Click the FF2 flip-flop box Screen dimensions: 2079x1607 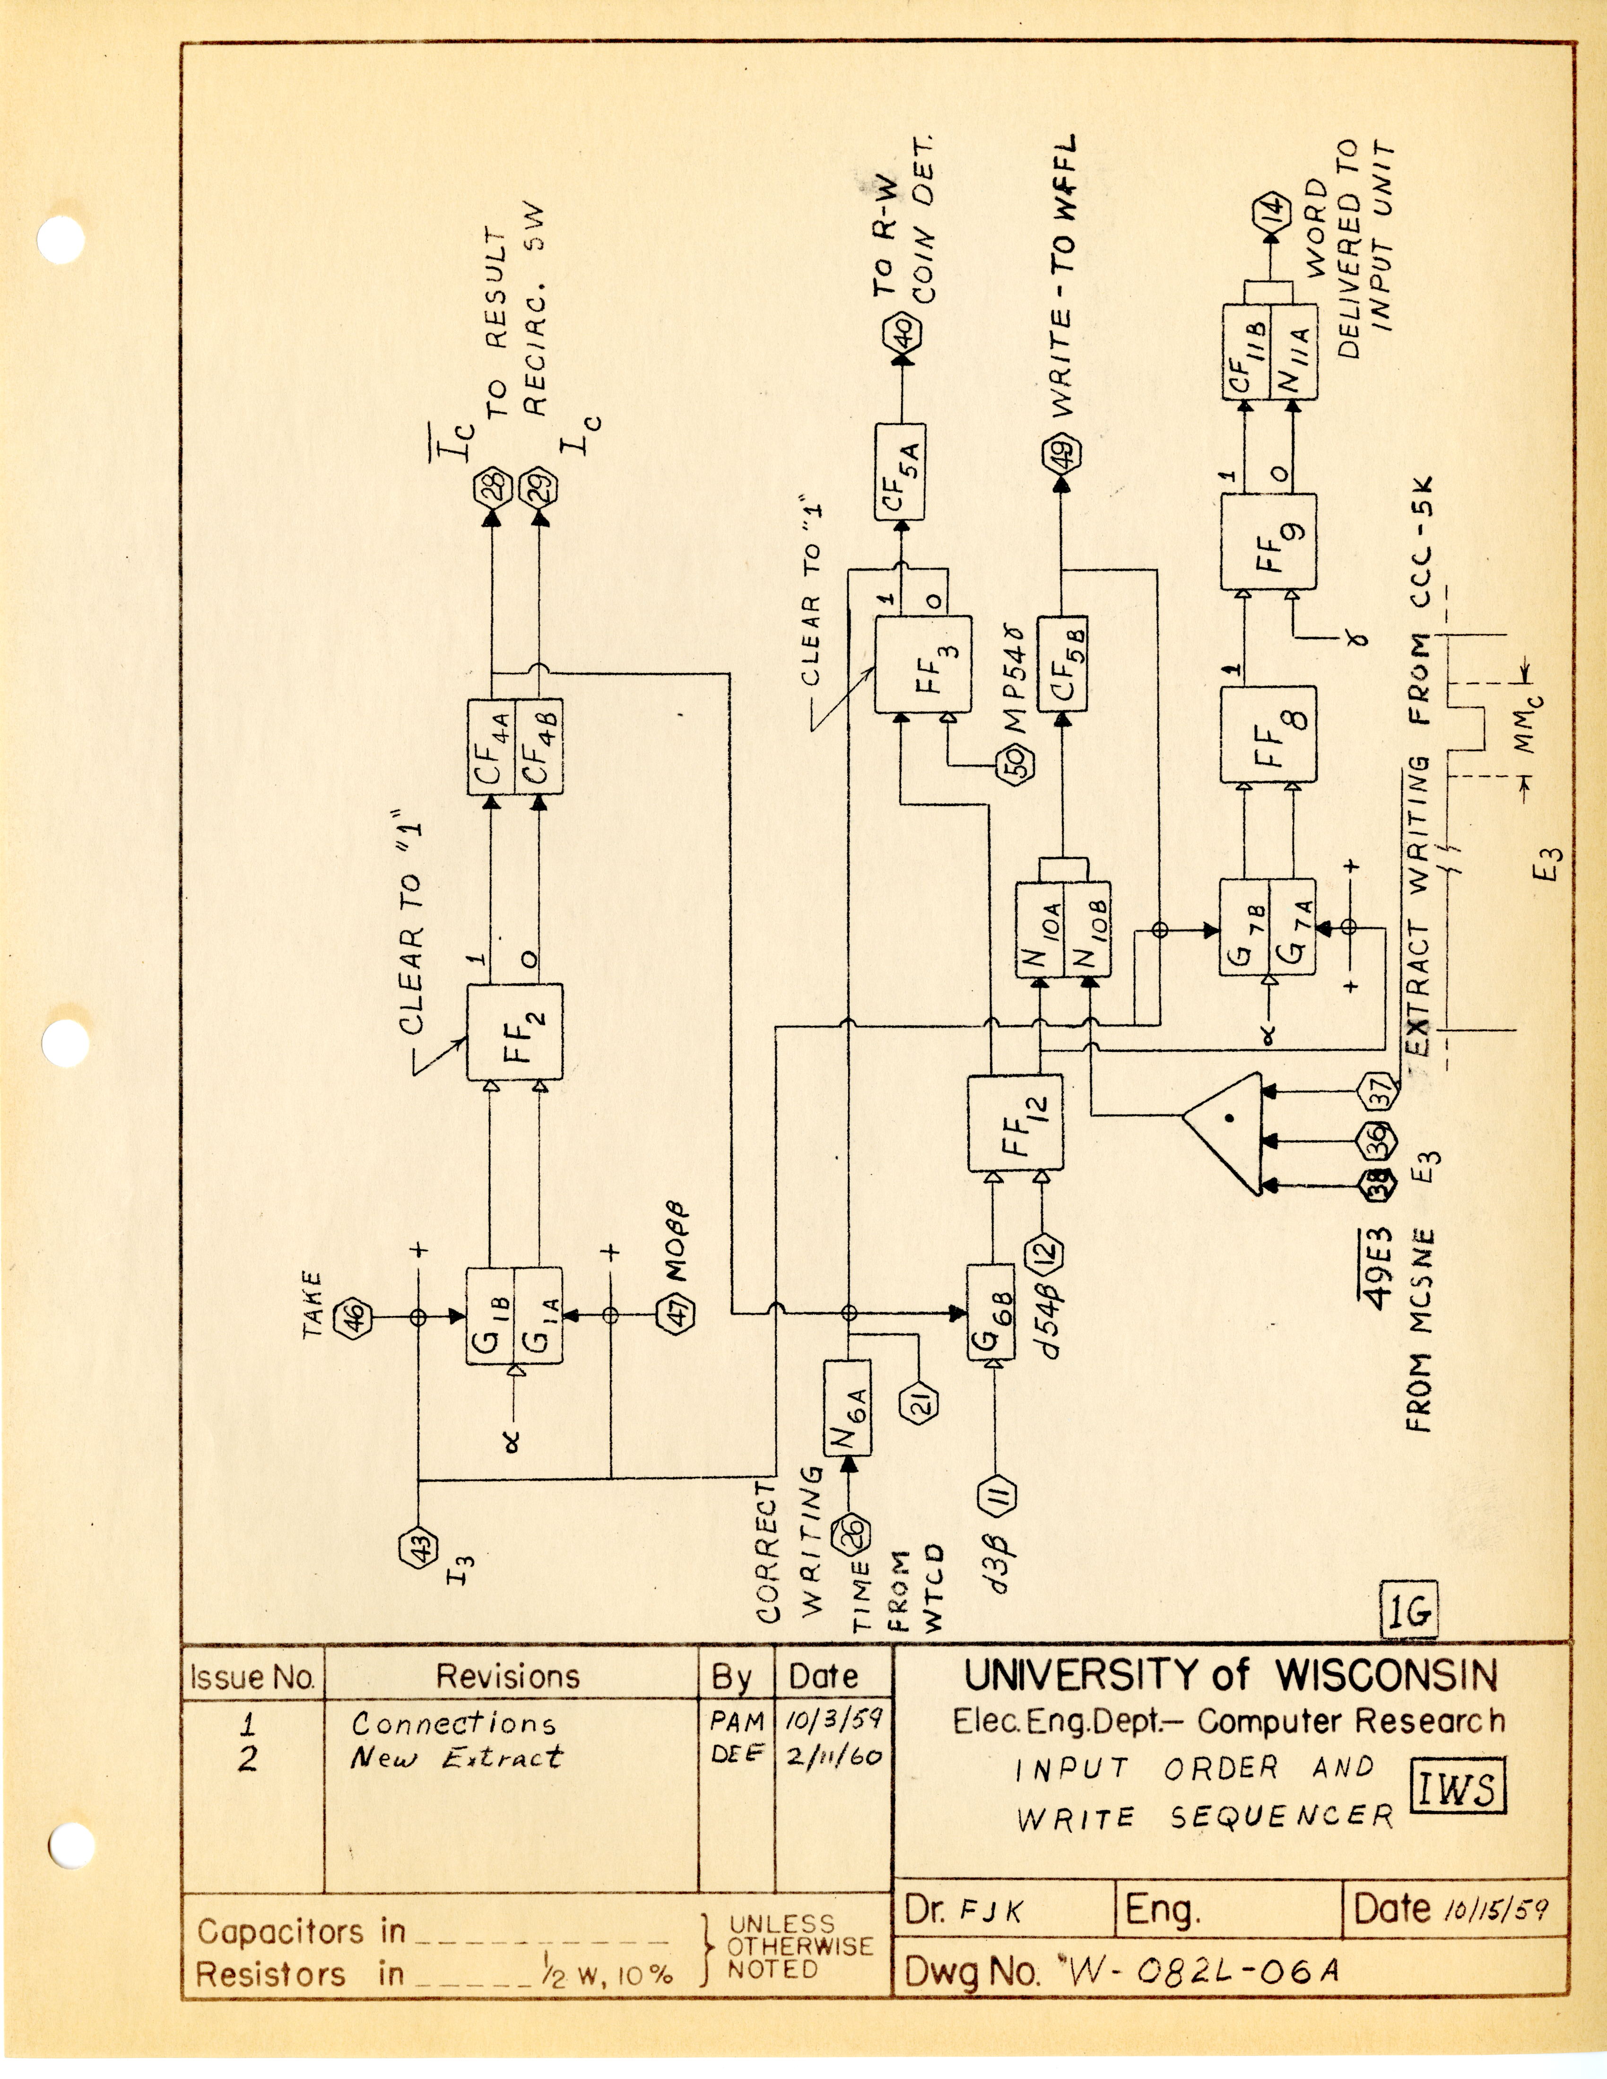click(x=514, y=1033)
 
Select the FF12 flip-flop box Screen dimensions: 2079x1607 click(x=1016, y=1123)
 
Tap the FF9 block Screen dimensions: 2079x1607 click(x=1268, y=541)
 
